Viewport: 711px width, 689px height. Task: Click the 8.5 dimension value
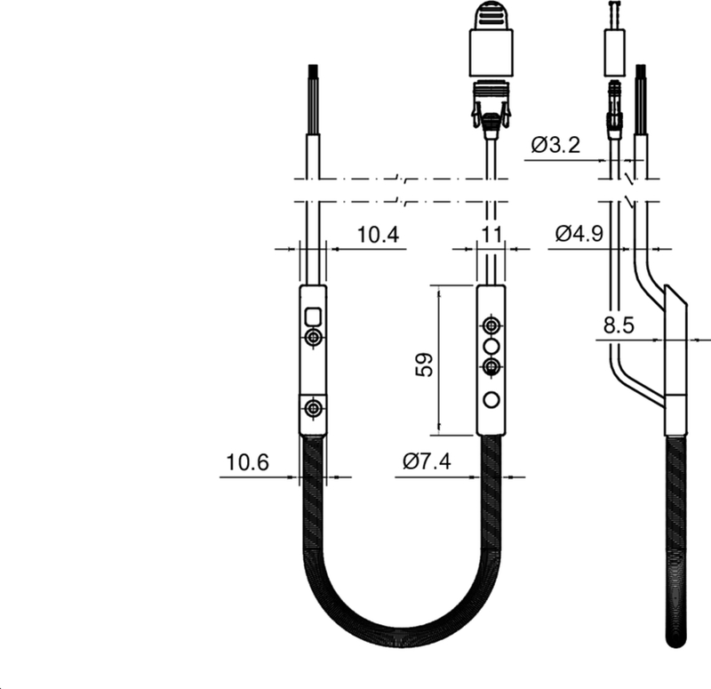click(x=619, y=326)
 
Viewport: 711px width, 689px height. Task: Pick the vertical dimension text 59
click(x=424, y=365)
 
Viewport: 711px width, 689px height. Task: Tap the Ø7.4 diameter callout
click(x=426, y=462)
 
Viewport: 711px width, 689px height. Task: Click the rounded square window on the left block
click(x=313, y=316)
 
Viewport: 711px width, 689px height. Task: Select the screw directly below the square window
click(x=313, y=337)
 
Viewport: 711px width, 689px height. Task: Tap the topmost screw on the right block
click(x=491, y=324)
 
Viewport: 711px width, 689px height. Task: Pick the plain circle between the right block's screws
click(x=491, y=345)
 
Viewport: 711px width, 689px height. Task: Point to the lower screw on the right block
click(x=491, y=366)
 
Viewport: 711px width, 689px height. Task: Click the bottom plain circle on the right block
click(x=491, y=399)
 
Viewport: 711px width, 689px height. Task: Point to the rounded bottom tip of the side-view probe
click(x=677, y=638)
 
